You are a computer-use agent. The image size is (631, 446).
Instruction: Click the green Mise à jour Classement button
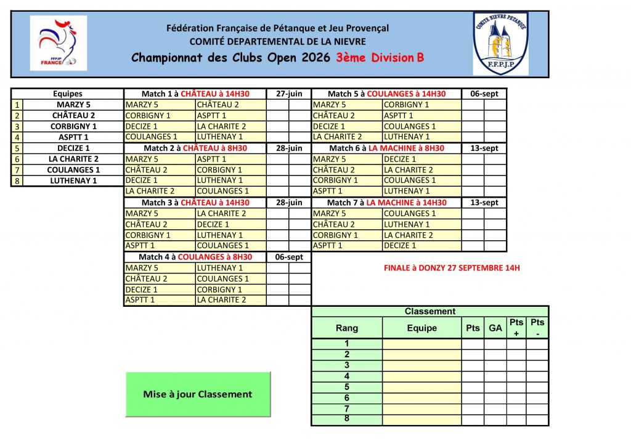(x=198, y=394)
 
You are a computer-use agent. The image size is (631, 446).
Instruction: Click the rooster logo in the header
(x=59, y=44)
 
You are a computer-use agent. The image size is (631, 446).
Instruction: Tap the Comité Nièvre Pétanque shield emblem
(x=500, y=43)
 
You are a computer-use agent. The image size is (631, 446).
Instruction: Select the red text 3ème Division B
(x=380, y=58)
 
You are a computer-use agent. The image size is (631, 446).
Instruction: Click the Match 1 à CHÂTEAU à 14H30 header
(x=195, y=94)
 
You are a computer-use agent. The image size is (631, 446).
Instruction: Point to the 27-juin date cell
(x=289, y=94)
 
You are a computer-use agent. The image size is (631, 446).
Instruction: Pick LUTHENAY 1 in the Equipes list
(x=73, y=180)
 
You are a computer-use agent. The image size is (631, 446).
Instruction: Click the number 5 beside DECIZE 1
(x=17, y=148)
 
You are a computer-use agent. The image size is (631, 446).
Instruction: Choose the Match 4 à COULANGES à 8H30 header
(x=195, y=257)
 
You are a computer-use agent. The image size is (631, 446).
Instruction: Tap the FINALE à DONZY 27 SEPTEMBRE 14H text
(x=452, y=268)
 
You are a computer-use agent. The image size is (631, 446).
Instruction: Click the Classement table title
(x=429, y=312)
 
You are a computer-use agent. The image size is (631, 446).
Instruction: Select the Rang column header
(x=346, y=328)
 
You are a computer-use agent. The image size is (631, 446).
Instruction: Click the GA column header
(x=495, y=328)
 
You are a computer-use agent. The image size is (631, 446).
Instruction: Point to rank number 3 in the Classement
(x=346, y=365)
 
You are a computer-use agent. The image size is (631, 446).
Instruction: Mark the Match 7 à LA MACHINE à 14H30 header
(x=386, y=203)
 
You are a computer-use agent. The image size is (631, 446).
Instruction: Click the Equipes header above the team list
(x=68, y=94)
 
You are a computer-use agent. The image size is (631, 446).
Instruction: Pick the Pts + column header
(x=516, y=328)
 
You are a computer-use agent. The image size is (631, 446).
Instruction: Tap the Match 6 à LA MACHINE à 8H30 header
(x=386, y=148)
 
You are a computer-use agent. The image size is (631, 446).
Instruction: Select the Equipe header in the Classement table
(x=421, y=328)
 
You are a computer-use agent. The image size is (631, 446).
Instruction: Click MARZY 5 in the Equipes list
(x=73, y=105)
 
